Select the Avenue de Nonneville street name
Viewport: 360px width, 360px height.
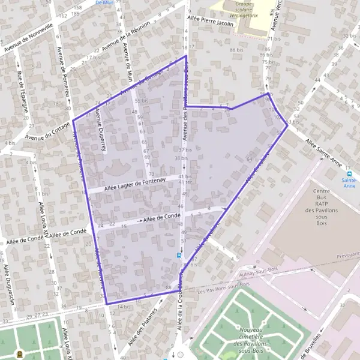[28, 38]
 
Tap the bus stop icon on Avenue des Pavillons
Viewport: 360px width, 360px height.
[178, 256]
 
